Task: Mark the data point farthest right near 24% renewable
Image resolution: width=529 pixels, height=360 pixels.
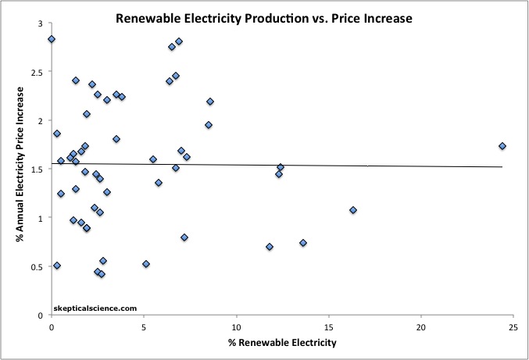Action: [x=502, y=146]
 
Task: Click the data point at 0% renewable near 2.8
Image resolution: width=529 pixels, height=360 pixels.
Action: [x=52, y=39]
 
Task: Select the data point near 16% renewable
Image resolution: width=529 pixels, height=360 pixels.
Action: [x=353, y=210]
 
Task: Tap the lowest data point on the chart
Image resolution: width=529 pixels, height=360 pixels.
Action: [x=102, y=274]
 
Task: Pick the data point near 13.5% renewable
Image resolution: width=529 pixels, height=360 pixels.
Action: [x=303, y=243]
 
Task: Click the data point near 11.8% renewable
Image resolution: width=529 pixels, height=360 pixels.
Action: [x=270, y=247]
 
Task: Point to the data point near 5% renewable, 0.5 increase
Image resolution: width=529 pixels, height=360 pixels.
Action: [x=146, y=264]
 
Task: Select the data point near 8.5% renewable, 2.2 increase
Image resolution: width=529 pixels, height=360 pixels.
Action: [x=210, y=102]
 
